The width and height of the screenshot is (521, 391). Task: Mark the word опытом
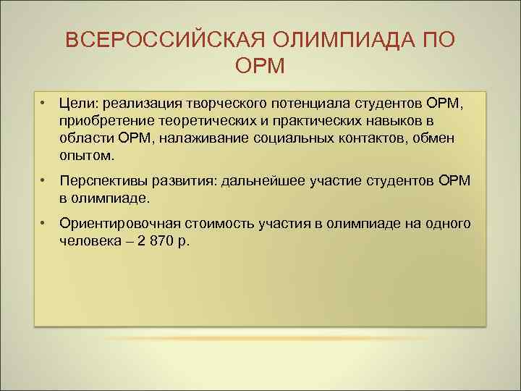coord(87,155)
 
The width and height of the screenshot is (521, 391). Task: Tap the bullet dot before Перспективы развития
coord(44,180)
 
